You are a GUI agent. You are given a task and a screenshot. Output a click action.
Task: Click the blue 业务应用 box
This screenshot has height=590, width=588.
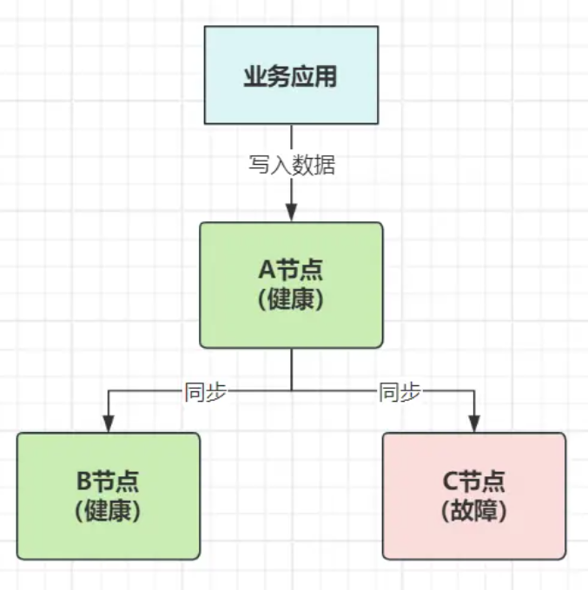point(291,75)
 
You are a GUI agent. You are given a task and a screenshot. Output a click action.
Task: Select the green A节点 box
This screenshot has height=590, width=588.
point(291,285)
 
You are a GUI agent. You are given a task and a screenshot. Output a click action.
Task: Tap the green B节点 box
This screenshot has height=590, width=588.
point(109,495)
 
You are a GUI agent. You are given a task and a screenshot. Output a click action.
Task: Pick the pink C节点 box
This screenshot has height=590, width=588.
point(474,495)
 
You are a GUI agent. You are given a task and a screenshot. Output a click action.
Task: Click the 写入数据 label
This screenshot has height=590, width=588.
point(292,166)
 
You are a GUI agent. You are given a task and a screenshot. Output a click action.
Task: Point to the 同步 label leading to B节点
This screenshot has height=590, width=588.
point(206,391)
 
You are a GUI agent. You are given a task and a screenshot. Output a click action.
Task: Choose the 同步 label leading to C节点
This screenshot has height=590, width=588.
point(400,391)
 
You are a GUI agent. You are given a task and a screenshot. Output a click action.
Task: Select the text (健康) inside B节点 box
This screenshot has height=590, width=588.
point(109,510)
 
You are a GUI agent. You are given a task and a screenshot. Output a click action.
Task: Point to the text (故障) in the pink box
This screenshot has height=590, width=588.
point(474,510)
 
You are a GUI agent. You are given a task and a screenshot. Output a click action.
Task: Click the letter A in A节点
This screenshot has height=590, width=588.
point(266,270)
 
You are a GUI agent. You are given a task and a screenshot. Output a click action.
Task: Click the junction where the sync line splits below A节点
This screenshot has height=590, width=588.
point(291,391)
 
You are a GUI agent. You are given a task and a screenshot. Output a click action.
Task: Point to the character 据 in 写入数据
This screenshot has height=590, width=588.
point(324,166)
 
